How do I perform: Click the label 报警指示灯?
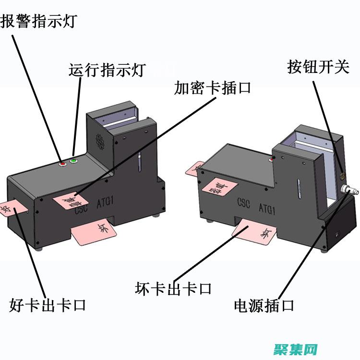38,22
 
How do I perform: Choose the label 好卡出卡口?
47,304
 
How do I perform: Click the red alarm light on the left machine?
62,164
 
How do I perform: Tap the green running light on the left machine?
73,161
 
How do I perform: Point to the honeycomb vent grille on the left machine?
99,141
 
